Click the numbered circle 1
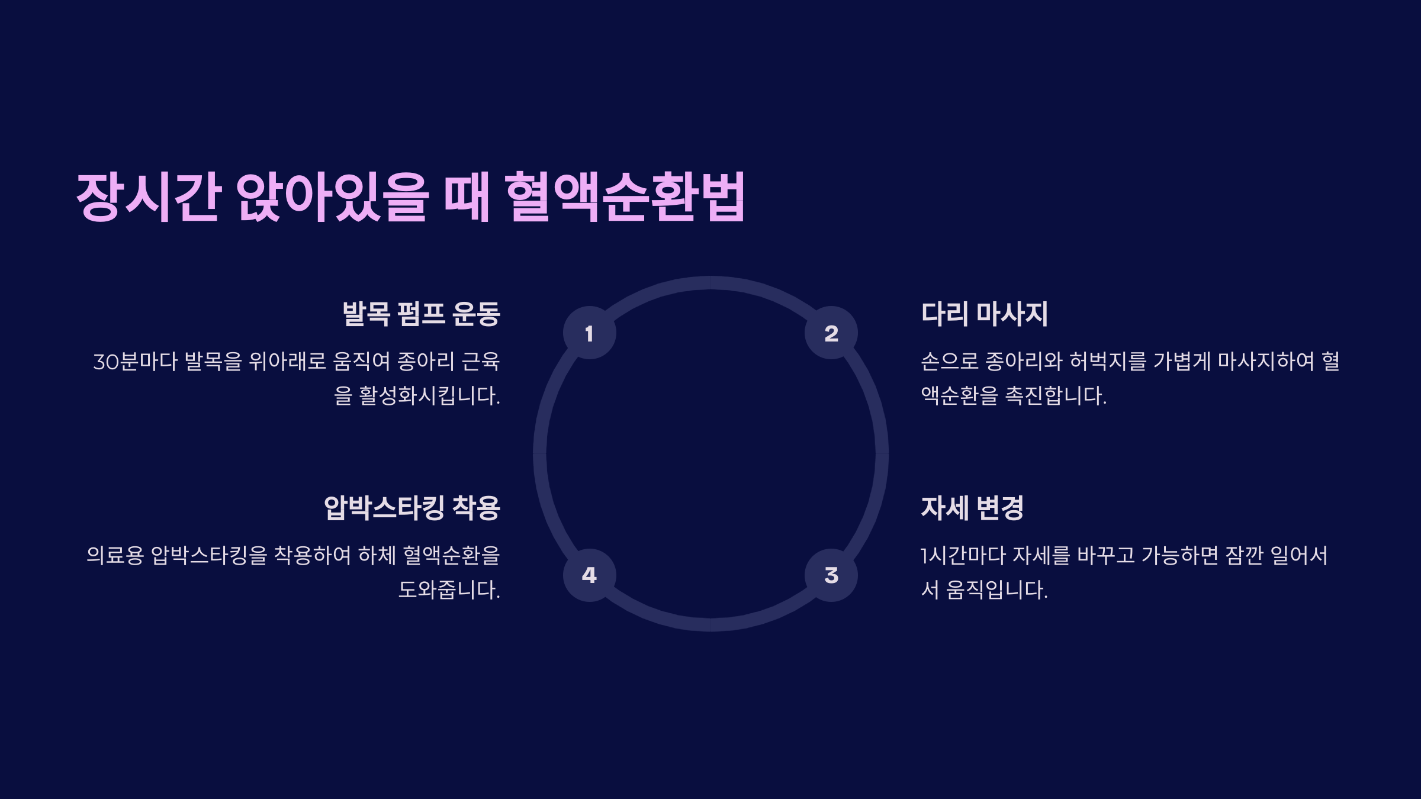(589, 333)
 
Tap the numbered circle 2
(831, 333)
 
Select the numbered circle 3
(831, 575)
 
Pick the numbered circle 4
(589, 575)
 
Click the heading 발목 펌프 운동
(421, 314)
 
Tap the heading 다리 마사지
(984, 314)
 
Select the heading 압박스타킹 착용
(411, 508)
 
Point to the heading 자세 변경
(972, 508)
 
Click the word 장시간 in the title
(149, 196)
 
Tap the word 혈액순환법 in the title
(625, 196)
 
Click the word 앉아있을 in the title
(332, 196)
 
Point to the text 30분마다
(135, 361)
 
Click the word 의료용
(115, 555)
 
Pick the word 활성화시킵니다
(429, 395)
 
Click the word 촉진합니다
(1056, 395)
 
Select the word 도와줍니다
(449, 589)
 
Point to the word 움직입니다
(996, 589)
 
